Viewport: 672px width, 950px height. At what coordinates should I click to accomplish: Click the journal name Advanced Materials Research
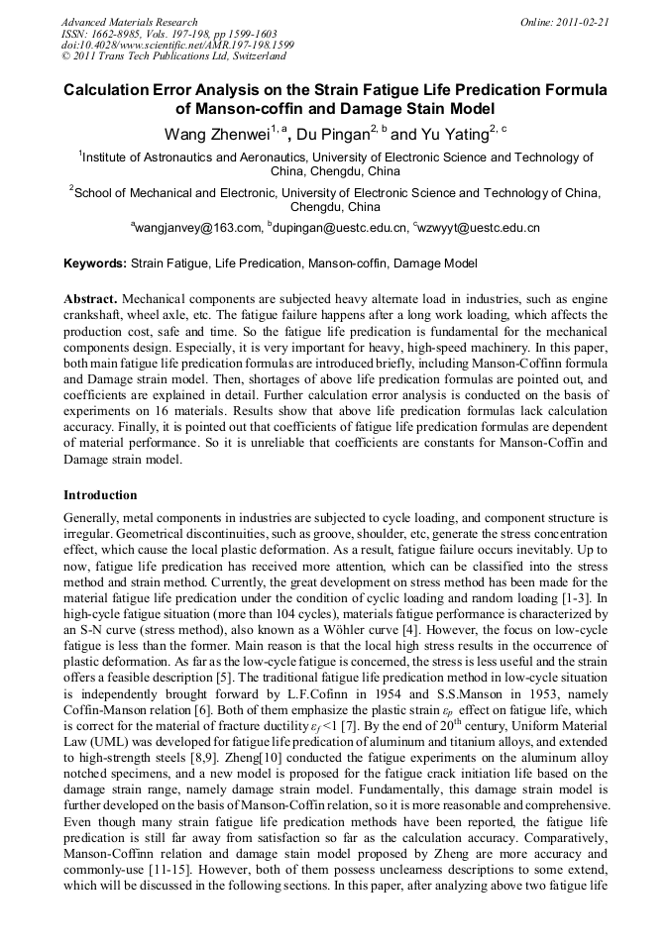pyautogui.click(x=129, y=22)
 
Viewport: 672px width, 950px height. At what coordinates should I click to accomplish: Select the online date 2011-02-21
pyautogui.click(x=584, y=22)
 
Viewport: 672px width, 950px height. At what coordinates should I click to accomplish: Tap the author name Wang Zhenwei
pyautogui.click(x=205, y=134)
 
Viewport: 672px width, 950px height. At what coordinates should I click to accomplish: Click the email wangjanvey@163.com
pyautogui.click(x=199, y=229)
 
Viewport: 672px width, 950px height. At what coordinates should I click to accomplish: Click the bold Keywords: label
pyautogui.click(x=95, y=264)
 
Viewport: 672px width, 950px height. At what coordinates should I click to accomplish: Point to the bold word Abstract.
pyautogui.click(x=91, y=298)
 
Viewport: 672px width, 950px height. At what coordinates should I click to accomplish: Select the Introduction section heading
pyautogui.click(x=100, y=494)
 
